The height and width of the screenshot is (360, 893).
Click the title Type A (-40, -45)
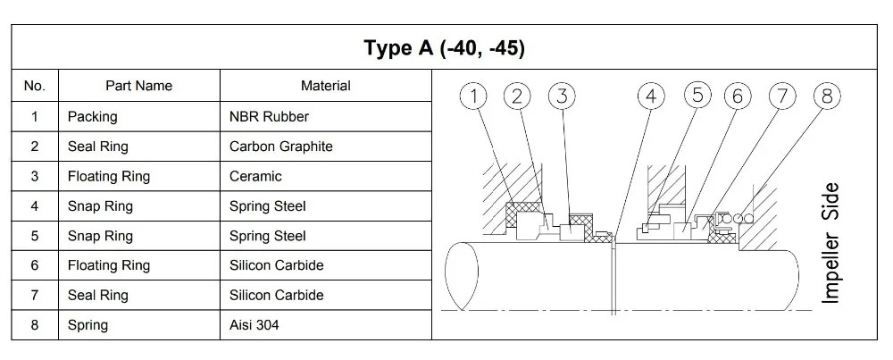pos(444,47)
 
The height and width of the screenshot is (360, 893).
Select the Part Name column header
pos(138,87)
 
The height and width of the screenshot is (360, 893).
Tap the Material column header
pos(325,87)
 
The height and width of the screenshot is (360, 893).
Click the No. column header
pos(34,87)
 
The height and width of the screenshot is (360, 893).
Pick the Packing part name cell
pos(92,117)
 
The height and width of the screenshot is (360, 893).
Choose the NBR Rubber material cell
pos(269,117)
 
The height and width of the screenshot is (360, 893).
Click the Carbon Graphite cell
pos(280,147)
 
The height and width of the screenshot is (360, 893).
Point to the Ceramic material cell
pos(255,177)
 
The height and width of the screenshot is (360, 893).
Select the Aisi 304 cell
pos(254,325)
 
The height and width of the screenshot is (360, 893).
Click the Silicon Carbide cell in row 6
pos(276,265)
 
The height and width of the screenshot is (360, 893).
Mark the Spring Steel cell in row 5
pos(267,236)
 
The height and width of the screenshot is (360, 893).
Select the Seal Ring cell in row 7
pos(97,295)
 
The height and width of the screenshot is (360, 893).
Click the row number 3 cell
pos(34,177)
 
